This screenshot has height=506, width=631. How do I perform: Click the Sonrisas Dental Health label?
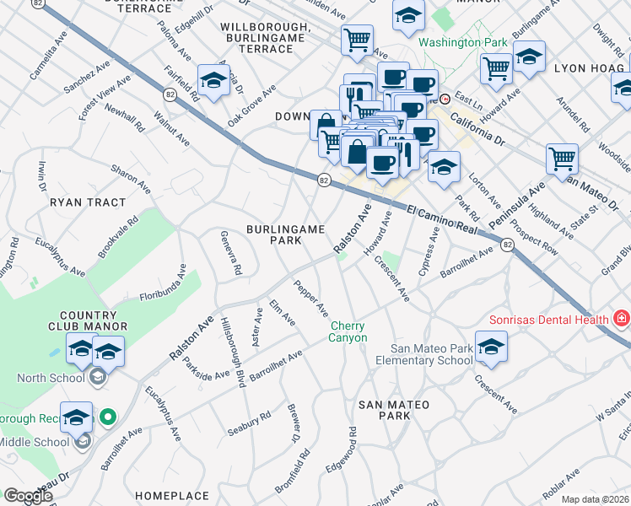(549, 320)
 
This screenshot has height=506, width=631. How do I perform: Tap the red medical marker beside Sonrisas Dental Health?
(622, 319)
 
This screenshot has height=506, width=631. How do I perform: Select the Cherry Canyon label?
(348, 331)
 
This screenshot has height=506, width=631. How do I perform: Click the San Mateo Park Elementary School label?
(430, 354)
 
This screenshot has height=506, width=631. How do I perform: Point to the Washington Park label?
(463, 42)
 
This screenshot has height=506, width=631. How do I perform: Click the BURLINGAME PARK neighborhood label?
(273, 234)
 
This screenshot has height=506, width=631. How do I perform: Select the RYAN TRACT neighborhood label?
(88, 202)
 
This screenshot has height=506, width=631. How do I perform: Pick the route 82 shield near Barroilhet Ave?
(505, 245)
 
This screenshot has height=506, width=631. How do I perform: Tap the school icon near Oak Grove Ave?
(214, 81)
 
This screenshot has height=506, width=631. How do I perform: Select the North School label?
(54, 378)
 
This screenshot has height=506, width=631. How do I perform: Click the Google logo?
(29, 495)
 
